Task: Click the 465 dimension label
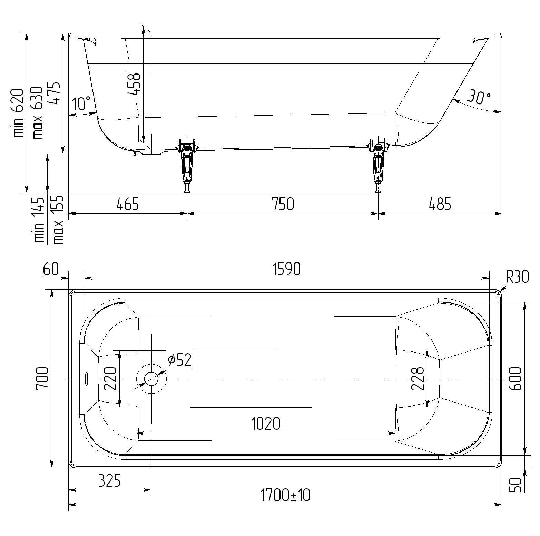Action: pyautogui.click(x=128, y=204)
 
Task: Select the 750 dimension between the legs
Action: pyautogui.click(x=283, y=204)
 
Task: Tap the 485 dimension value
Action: pyautogui.click(x=440, y=204)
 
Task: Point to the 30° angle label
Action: pyautogui.click(x=479, y=97)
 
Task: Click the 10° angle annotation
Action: pyautogui.click(x=82, y=103)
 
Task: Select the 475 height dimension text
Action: pyautogui.click(x=55, y=93)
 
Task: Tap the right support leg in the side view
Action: pyautogui.click(x=379, y=165)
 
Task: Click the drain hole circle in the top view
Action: pyautogui.click(x=151, y=379)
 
